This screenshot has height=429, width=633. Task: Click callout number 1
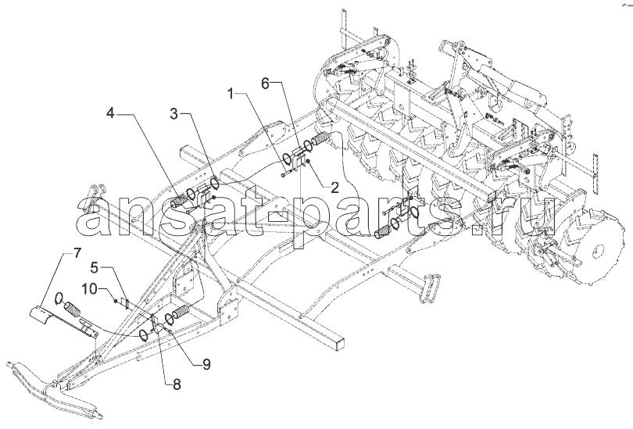[x=231, y=95]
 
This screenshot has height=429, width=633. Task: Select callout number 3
[x=173, y=114]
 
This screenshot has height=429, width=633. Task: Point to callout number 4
[x=110, y=114]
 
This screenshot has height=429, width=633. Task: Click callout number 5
[x=94, y=267]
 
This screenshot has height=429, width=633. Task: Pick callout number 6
[x=265, y=84]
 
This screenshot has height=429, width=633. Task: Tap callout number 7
[x=77, y=253]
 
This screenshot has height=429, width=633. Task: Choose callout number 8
[x=177, y=384]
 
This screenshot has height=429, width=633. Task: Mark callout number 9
[x=206, y=364]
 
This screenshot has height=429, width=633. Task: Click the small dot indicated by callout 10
[x=116, y=301]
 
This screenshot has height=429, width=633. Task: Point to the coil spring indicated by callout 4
[x=179, y=200]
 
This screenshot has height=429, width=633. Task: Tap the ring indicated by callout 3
[x=215, y=182]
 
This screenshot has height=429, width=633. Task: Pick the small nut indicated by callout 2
[x=309, y=162]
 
